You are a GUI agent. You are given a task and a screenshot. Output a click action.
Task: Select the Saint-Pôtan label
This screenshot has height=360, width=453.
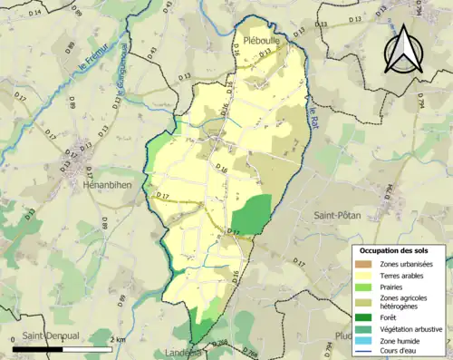point(336,215)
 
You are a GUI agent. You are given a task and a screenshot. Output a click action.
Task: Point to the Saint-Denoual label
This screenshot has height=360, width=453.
point(51,335)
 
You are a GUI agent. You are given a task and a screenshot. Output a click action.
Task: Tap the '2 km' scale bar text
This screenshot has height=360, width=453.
point(117,338)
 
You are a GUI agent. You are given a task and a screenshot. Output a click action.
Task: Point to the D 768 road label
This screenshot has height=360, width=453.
point(221,342)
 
